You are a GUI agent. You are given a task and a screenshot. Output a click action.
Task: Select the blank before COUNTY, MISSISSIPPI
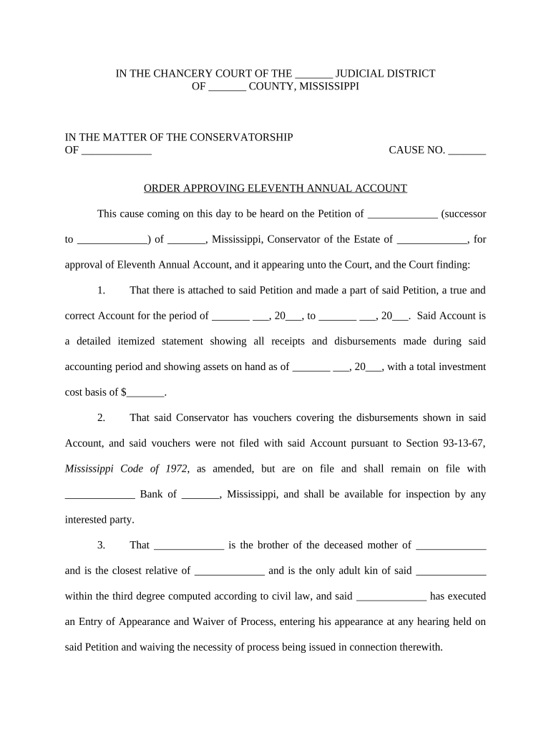pyautogui.click(x=228, y=86)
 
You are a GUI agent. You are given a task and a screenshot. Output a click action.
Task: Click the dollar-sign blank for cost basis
pyautogui.click(x=146, y=392)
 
